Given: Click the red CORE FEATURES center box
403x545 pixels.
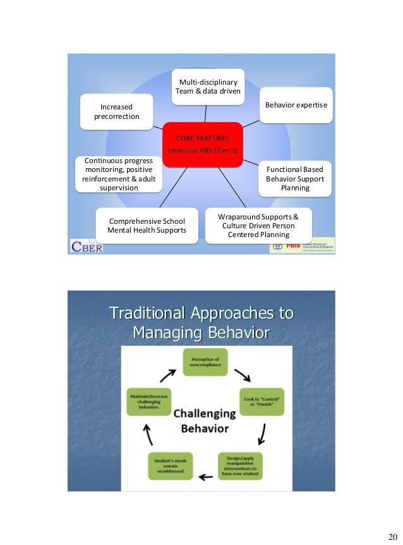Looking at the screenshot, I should tap(202, 145).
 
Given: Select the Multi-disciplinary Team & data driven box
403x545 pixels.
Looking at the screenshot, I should tap(208, 86).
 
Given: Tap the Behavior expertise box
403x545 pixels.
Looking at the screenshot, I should tap(296, 104).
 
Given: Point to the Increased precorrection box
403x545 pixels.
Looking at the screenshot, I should tap(117, 111).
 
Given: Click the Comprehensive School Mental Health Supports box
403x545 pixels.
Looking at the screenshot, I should tap(147, 226).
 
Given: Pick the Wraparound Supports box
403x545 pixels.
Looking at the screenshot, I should tap(258, 226).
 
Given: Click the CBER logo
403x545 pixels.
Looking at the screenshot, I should tap(86, 245).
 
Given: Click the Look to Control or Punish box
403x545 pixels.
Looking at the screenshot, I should tap(260, 401).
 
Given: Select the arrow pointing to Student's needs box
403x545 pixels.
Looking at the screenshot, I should tap(205, 475).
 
